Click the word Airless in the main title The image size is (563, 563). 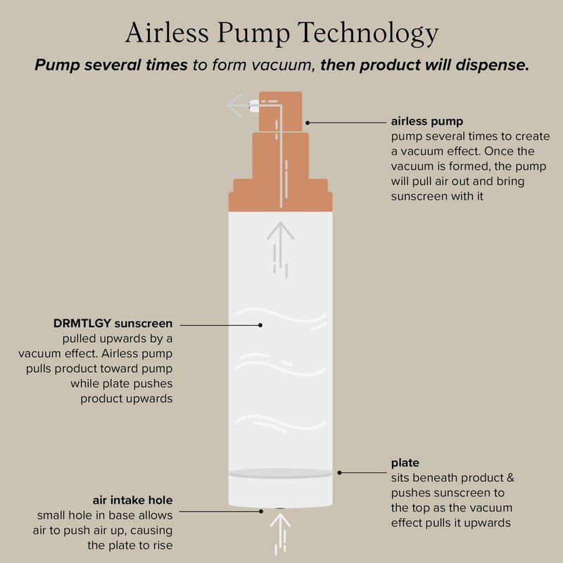tap(167, 32)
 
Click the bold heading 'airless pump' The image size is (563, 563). tap(427, 121)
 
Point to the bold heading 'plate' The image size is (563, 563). tap(405, 463)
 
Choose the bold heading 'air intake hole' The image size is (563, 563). tap(132, 500)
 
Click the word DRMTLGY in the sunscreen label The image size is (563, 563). tap(82, 324)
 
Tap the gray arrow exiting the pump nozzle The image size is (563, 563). tap(238, 105)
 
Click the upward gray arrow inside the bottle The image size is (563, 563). tap(280, 250)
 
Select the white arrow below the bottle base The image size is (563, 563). tap(280, 533)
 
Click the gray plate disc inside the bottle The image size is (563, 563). tap(280, 473)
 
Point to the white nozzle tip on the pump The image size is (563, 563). tap(254, 106)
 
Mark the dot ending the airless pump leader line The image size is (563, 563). tap(308, 122)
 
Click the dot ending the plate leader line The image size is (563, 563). tap(339, 473)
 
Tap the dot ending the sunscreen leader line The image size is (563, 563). tap(260, 325)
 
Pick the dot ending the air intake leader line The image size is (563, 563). tap(261, 512)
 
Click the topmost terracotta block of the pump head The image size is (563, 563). tap(280, 112)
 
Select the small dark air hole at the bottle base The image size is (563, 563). tap(280, 508)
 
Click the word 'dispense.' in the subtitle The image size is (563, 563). tap(493, 65)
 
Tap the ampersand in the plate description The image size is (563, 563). tap(510, 478)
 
